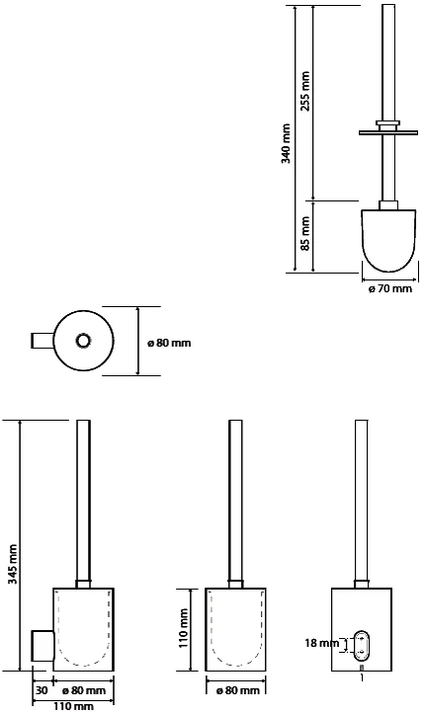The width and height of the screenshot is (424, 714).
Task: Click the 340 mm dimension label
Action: click(x=286, y=143)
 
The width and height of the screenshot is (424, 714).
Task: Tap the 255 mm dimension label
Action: click(x=305, y=91)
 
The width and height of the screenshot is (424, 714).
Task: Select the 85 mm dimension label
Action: click(x=305, y=233)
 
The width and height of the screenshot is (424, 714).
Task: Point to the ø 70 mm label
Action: click(x=389, y=288)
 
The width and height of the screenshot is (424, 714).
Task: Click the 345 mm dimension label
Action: click(x=12, y=565)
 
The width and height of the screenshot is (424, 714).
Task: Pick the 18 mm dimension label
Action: click(x=322, y=643)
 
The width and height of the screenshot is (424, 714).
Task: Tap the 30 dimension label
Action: click(x=42, y=690)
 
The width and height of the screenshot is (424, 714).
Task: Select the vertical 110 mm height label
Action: click(x=183, y=628)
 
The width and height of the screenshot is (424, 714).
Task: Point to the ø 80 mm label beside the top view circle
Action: click(x=169, y=343)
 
